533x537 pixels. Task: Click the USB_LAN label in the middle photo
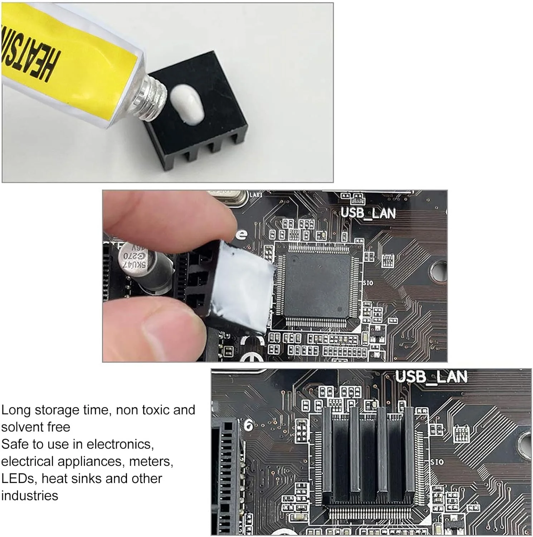coord(368,213)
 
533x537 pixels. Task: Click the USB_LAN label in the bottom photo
coord(431,377)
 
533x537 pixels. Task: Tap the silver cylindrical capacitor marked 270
coord(143,265)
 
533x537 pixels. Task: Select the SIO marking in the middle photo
coord(368,283)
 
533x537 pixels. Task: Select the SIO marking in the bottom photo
coord(437,462)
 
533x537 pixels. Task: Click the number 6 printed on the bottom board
coord(248,425)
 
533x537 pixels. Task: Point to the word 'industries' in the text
coord(30,496)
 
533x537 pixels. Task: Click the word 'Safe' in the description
coord(15,444)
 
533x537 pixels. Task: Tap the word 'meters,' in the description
coord(151,461)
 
